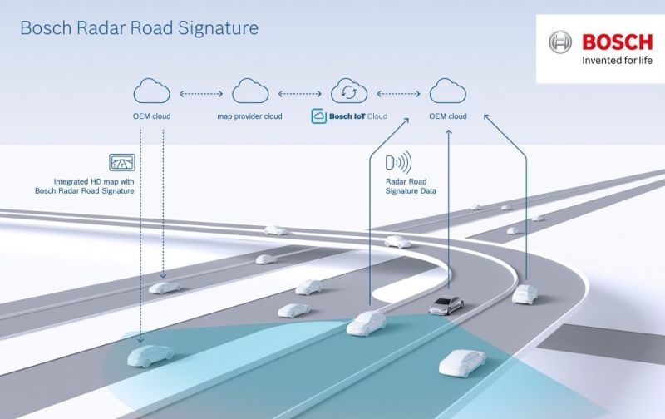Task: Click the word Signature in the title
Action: tap(218, 29)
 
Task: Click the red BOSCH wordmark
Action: tap(618, 42)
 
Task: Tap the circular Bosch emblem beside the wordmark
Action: tap(559, 42)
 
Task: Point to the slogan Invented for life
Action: tap(617, 61)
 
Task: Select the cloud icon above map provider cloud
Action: tap(250, 91)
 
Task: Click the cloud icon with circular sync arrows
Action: tap(349, 91)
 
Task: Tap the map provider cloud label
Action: tap(249, 116)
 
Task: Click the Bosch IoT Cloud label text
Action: tap(358, 116)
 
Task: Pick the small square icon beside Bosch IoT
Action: tap(318, 116)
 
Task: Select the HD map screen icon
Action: tap(122, 162)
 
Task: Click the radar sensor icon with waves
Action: tap(399, 162)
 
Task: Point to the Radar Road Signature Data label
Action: tap(411, 186)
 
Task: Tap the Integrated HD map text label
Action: tap(85, 186)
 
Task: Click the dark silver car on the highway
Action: tap(446, 305)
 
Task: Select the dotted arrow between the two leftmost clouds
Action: tap(201, 94)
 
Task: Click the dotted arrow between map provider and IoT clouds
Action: tap(299, 94)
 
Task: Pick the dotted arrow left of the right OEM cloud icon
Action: tap(399, 94)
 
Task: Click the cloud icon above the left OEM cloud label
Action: tap(151, 91)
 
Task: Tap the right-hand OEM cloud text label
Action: tap(448, 116)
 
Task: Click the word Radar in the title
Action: tap(101, 28)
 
